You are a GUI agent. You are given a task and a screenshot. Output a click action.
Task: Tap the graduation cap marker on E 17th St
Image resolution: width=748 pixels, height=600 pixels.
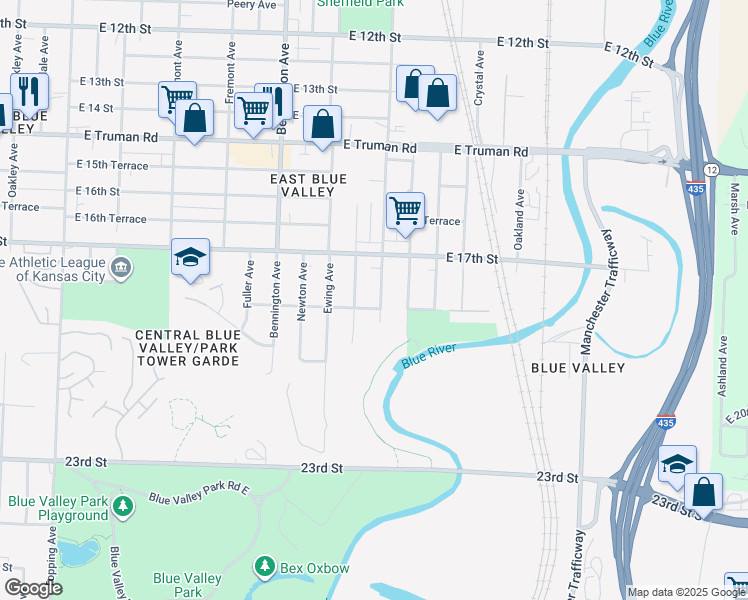point(190,258)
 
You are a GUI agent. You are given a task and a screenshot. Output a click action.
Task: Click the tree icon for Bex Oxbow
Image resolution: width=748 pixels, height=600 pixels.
point(264,568)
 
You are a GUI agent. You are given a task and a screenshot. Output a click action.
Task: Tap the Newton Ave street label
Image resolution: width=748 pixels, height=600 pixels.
point(302,292)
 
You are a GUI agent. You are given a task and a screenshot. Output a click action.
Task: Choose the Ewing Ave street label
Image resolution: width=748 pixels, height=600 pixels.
point(328,289)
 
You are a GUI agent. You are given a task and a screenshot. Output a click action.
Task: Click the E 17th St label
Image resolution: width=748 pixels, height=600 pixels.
point(471,259)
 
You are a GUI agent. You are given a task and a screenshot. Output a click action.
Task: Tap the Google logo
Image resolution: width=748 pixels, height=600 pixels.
point(34,588)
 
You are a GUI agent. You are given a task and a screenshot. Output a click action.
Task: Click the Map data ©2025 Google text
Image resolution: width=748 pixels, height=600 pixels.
point(685,592)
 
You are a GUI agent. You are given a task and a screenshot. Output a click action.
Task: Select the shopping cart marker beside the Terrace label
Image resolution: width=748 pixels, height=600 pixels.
point(405,212)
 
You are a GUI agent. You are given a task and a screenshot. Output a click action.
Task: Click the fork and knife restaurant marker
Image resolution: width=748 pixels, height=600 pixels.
point(29,92)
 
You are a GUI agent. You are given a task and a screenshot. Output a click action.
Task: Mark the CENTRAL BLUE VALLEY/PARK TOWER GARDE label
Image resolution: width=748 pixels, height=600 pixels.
point(187,347)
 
